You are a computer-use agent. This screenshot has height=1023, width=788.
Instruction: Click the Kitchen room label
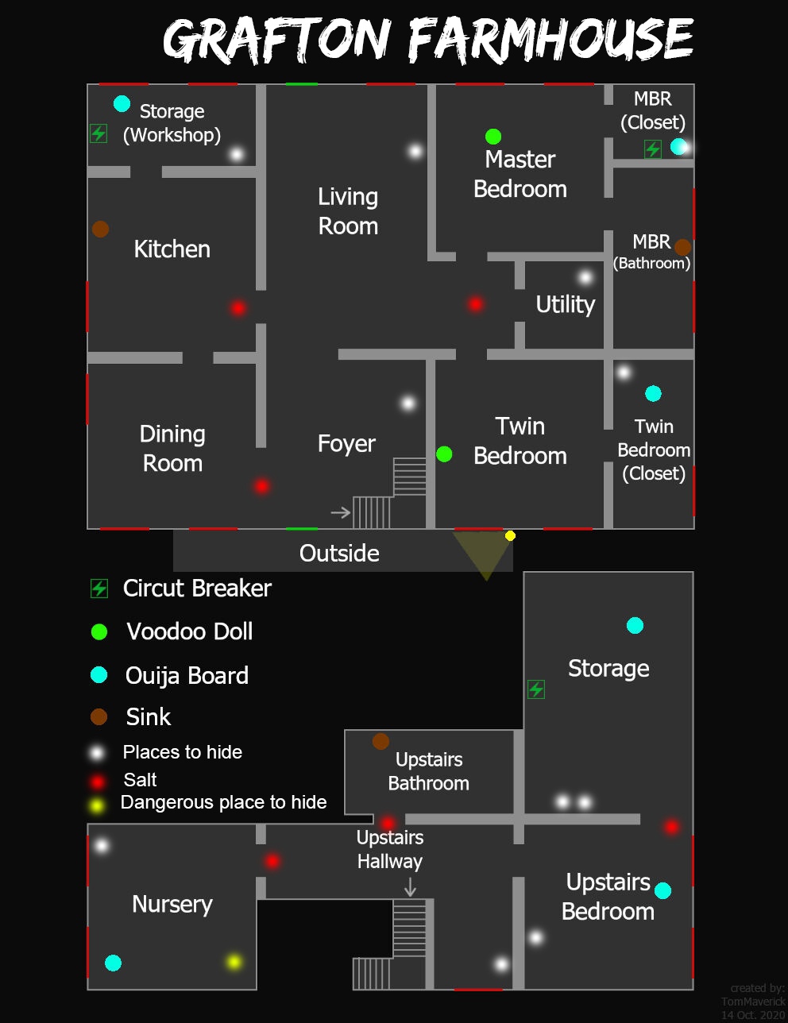coord(172,249)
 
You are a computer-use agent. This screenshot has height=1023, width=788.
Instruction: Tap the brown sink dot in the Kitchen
coord(100,230)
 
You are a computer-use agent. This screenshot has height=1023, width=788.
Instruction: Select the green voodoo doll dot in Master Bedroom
coord(492,137)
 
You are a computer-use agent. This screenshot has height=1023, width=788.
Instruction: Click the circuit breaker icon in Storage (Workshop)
coord(98,133)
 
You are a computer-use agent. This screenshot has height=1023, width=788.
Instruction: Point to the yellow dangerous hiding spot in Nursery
coord(234,962)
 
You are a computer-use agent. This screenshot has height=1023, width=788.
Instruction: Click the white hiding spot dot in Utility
coord(585,277)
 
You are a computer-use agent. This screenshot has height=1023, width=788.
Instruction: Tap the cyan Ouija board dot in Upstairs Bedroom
coord(662,890)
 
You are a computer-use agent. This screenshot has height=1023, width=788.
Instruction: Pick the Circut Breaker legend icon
coord(99,589)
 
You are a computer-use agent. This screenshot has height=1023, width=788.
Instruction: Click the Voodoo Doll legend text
coord(190,631)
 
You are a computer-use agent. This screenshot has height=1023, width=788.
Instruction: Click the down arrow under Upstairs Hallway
coord(410,887)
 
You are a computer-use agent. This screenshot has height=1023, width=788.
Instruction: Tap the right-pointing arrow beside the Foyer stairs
coord(341,512)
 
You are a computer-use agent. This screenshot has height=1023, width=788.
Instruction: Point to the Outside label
coord(339,553)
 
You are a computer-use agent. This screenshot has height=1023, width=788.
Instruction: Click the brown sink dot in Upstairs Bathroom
coord(380,742)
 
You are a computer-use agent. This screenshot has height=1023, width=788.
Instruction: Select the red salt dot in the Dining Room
coord(261,486)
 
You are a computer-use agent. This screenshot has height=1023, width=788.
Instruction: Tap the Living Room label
coord(348,211)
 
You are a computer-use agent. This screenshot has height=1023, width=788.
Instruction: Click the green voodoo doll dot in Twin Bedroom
coord(444,454)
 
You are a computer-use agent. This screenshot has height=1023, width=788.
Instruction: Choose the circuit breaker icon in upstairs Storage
coord(536,689)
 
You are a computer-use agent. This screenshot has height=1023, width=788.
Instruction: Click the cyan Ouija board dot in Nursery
coord(113,963)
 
